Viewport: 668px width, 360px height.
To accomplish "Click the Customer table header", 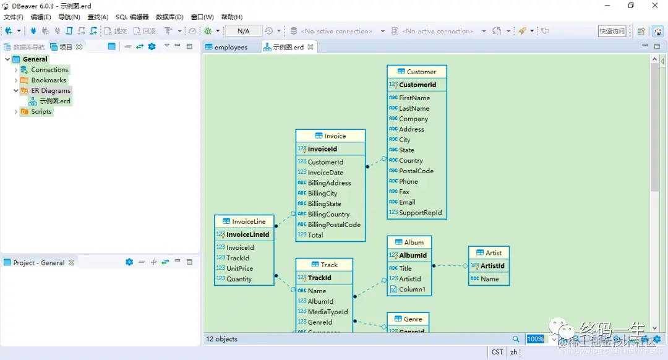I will click(x=416, y=72).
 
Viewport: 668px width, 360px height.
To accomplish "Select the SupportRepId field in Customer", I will click(x=420, y=213).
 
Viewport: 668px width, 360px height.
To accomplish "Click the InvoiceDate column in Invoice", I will click(x=325, y=173).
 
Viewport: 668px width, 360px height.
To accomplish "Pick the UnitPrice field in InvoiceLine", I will click(x=239, y=268).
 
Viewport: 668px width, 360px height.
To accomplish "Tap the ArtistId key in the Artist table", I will click(x=492, y=266).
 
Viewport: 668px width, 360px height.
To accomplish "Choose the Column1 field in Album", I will click(x=412, y=289).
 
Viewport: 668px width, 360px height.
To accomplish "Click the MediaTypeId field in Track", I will click(x=328, y=312).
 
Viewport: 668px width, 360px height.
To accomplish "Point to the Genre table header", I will click(x=408, y=319).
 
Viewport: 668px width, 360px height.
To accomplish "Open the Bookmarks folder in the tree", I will click(x=48, y=80).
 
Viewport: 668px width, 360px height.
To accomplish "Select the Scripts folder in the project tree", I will click(x=41, y=112).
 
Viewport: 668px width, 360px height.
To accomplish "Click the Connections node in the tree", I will click(x=49, y=70).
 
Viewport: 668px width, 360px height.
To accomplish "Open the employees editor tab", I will click(x=230, y=47).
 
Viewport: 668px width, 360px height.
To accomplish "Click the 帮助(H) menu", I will click(x=232, y=17).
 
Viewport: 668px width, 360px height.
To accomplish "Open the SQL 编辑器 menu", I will click(x=132, y=17).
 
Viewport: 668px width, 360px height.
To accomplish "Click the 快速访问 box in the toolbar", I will click(x=612, y=31).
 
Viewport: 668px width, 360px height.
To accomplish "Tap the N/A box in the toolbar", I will click(x=243, y=31).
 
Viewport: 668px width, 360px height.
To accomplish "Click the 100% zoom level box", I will click(x=535, y=339).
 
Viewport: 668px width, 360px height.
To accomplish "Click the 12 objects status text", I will click(x=222, y=339).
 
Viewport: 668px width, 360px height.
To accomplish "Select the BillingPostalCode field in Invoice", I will click(x=334, y=225).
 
